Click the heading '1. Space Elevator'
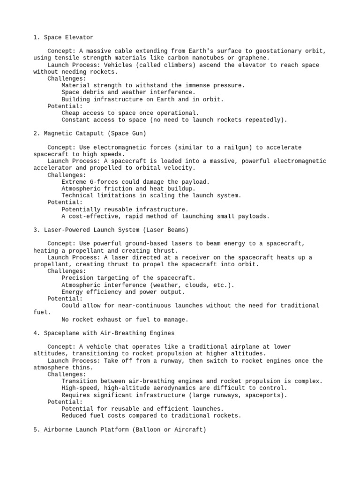(63, 37)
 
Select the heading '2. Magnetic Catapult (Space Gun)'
(90, 134)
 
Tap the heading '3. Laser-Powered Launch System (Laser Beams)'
(111, 230)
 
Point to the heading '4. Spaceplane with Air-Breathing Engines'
(104, 333)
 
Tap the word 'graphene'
(255, 58)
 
